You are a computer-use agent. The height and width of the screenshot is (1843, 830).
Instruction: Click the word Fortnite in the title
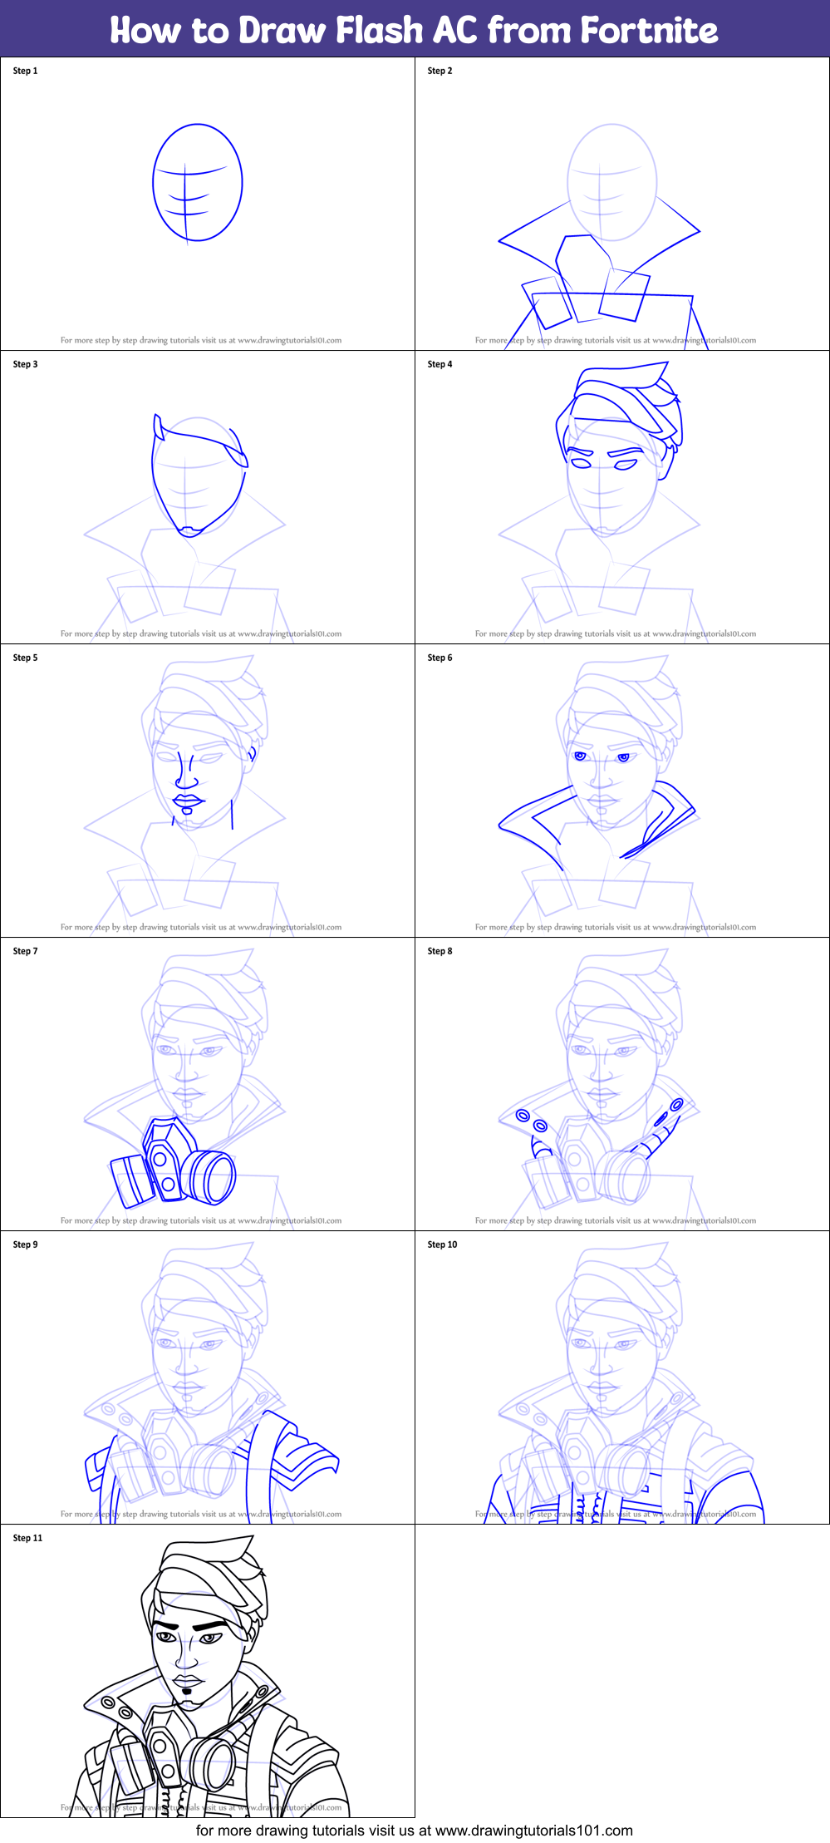(648, 30)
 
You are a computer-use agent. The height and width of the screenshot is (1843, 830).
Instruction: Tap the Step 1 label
(25, 71)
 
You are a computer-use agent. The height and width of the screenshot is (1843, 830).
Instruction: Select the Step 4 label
(440, 364)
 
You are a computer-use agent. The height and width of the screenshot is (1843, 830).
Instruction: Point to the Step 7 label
(25, 951)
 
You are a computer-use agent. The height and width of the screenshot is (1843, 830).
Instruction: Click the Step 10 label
(442, 1244)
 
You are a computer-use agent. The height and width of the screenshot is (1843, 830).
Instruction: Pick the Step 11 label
(27, 1538)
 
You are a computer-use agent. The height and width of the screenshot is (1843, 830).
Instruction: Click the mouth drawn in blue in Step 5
(189, 802)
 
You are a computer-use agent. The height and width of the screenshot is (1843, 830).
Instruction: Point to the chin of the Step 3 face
(191, 530)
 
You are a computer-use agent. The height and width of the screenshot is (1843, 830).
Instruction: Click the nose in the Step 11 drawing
(188, 1658)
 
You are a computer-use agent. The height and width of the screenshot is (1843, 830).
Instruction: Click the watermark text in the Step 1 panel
(200, 340)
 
